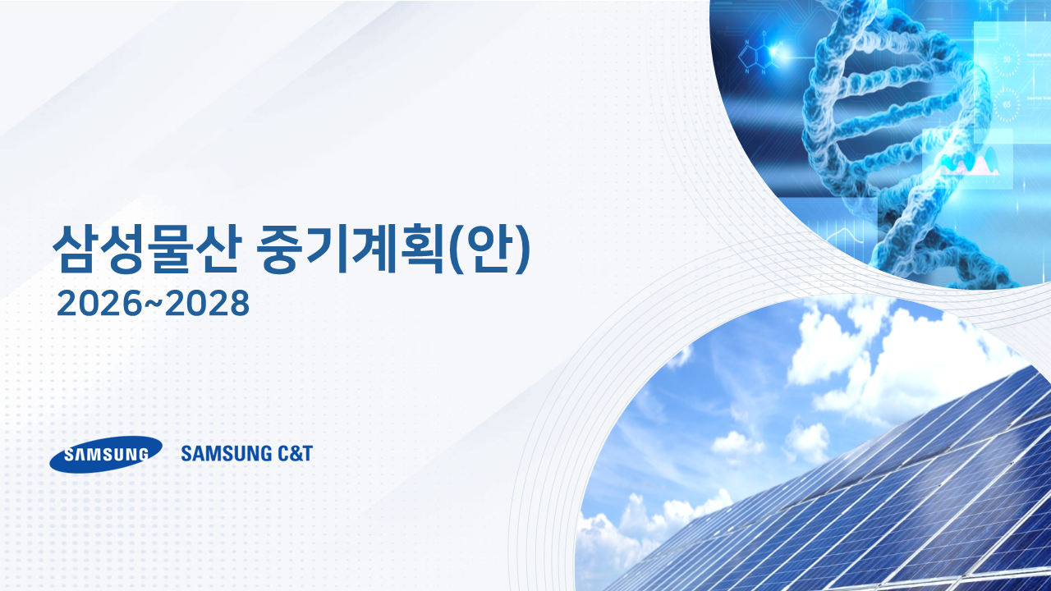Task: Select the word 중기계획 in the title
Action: [351, 249]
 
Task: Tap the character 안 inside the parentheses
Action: [490, 249]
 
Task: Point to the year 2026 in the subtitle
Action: [99, 304]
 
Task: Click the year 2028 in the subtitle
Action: [208, 304]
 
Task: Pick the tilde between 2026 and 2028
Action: [153, 302]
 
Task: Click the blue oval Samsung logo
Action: [106, 454]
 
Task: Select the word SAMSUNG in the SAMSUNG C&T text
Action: [226, 454]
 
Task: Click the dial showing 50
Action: [1006, 59]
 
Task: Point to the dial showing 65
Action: [1007, 104]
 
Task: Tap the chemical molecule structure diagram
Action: [757, 55]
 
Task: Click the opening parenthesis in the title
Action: [455, 249]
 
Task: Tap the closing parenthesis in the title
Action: [523, 249]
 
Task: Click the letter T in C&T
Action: [307, 454]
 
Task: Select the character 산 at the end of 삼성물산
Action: [219, 249]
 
